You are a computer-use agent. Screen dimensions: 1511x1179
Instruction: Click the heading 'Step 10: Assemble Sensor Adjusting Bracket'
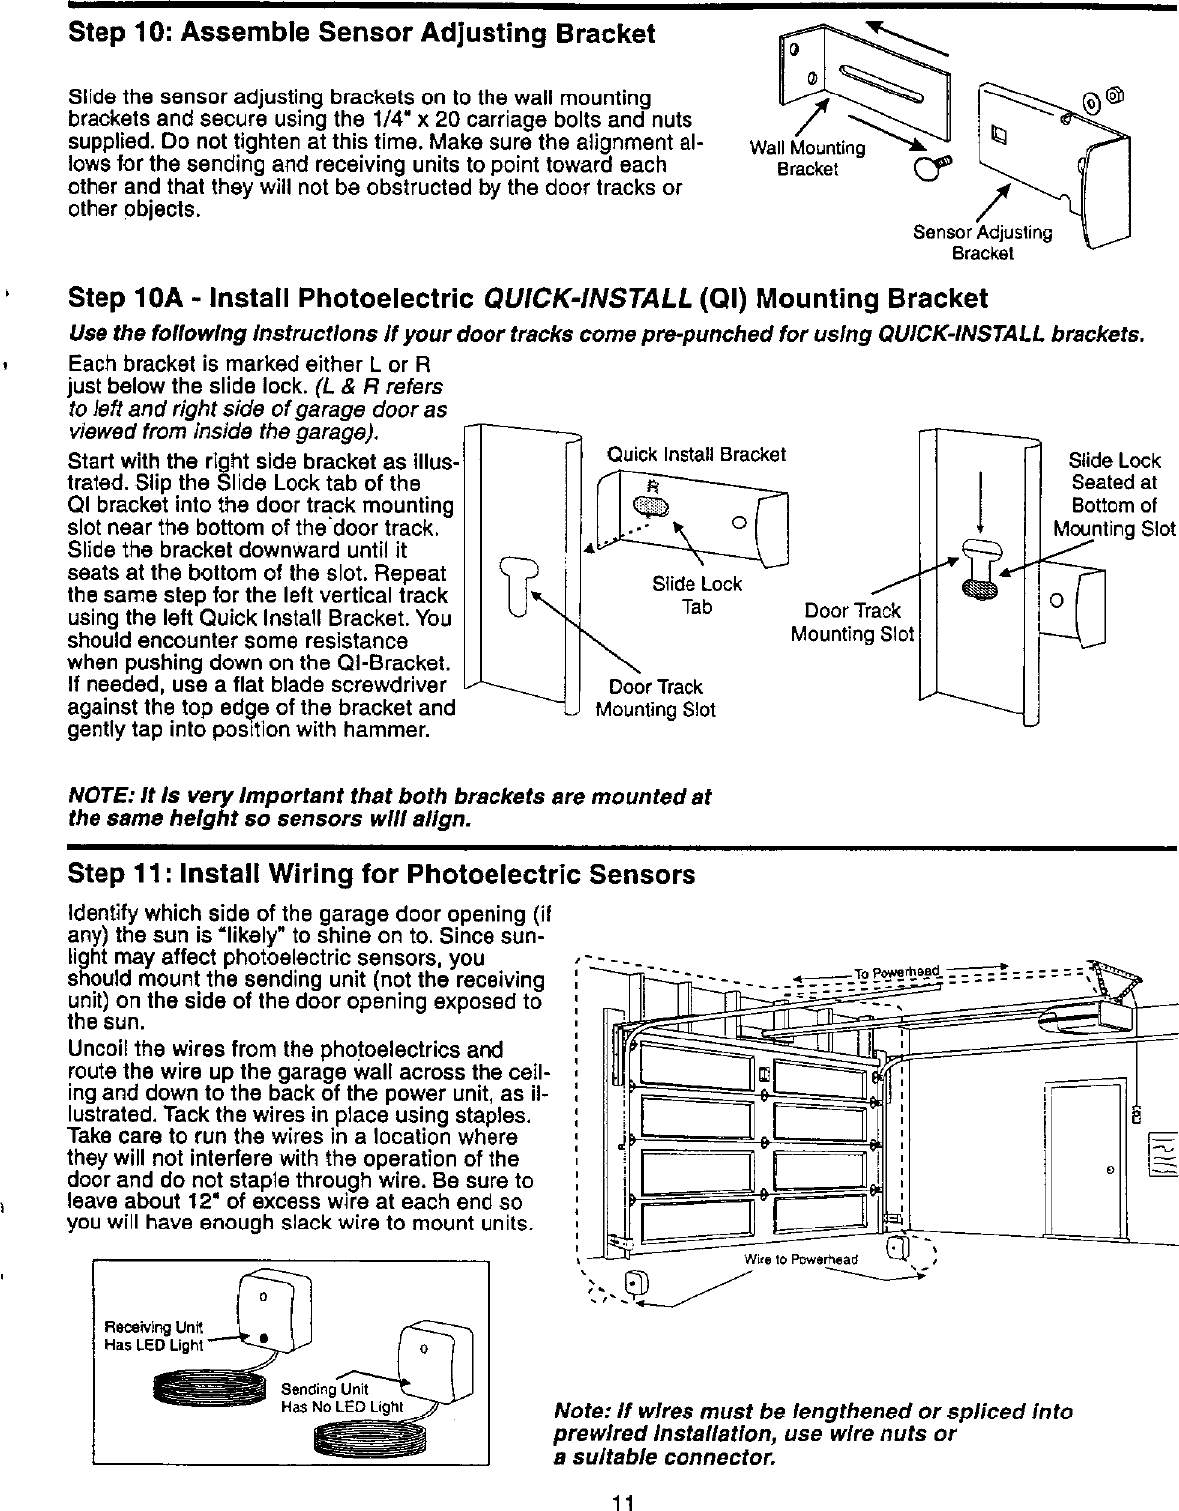pos(361,34)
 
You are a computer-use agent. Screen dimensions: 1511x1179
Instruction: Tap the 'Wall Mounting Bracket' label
pos(807,158)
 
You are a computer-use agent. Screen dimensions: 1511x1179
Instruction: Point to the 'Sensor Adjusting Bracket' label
pos(982,242)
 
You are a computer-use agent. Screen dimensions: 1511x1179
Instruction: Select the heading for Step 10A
pos(527,299)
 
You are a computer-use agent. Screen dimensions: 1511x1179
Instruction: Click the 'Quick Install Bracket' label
pos(696,455)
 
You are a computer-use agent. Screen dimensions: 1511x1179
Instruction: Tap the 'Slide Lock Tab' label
pos(696,595)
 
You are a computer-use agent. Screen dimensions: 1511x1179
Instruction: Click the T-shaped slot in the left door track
pos(515,587)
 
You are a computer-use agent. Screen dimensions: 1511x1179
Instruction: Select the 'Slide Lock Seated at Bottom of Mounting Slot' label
pos(1113,494)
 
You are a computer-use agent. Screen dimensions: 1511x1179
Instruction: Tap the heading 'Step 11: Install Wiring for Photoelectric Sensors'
pos(381,875)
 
